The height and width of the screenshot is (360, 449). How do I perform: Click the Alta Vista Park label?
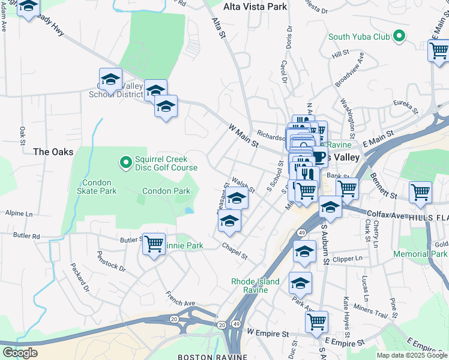(x=255, y=7)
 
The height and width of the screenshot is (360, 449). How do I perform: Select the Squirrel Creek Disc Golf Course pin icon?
(x=125, y=162)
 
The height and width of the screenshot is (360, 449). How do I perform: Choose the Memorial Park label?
(x=420, y=254)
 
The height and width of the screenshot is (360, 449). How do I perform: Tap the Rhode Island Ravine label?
(x=256, y=286)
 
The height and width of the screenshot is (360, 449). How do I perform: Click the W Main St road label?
(x=244, y=136)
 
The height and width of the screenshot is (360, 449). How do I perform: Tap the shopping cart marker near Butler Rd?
(x=154, y=244)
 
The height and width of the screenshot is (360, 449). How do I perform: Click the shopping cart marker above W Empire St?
(x=316, y=320)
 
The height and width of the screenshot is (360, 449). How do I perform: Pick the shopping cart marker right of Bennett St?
(x=420, y=192)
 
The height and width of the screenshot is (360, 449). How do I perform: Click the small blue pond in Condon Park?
(x=189, y=211)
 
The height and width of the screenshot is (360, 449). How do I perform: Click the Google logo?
(x=20, y=353)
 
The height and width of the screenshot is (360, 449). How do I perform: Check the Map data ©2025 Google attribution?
(x=411, y=355)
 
